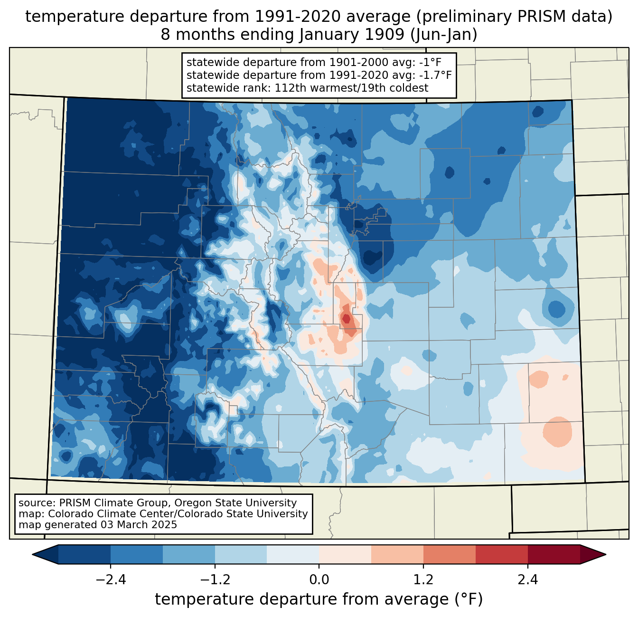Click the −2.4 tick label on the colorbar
pyautogui.click(x=111, y=580)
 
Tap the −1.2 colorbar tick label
pyautogui.click(x=215, y=580)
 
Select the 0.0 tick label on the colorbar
pyautogui.click(x=319, y=580)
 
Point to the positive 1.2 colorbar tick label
pyautogui.click(x=423, y=580)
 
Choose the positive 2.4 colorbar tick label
pyautogui.click(x=527, y=580)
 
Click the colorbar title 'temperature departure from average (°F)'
pyautogui.click(x=319, y=599)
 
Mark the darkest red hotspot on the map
pyautogui.click(x=346, y=318)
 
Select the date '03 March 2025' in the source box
pyautogui.click(x=139, y=525)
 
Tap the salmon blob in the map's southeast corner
pyautogui.click(x=557, y=432)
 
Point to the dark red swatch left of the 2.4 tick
pyautogui.click(x=501, y=554)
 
